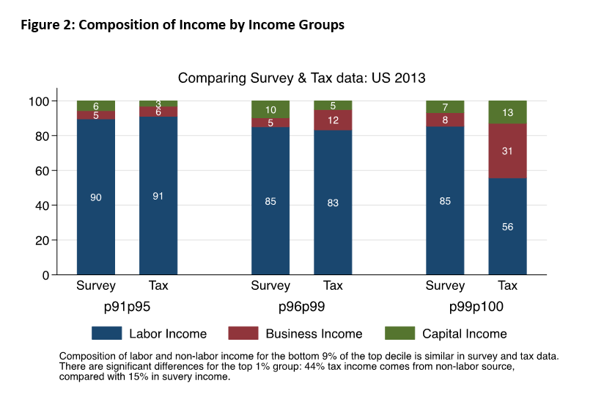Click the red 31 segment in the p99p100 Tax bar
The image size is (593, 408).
click(507, 151)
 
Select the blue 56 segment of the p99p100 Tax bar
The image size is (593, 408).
click(507, 226)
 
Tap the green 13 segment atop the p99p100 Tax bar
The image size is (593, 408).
click(507, 112)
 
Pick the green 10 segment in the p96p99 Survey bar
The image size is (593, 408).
click(270, 109)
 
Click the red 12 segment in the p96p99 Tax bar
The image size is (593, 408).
click(333, 120)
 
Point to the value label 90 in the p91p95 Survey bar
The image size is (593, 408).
click(96, 197)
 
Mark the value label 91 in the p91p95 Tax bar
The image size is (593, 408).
click(158, 196)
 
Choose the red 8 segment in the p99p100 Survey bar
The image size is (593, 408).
click(445, 120)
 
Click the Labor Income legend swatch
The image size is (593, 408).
click(106, 333)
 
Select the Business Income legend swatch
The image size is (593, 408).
click(243, 333)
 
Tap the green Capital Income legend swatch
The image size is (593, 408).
click(399, 333)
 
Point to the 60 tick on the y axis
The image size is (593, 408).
click(42, 171)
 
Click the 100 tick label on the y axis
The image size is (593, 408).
click(39, 101)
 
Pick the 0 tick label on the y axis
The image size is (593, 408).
click(45, 275)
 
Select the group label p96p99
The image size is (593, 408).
click(301, 307)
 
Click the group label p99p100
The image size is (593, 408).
click(476, 307)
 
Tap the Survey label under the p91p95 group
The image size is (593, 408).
click(96, 285)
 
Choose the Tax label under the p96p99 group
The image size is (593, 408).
click(333, 285)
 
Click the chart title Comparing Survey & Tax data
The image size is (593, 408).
click(301, 78)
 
